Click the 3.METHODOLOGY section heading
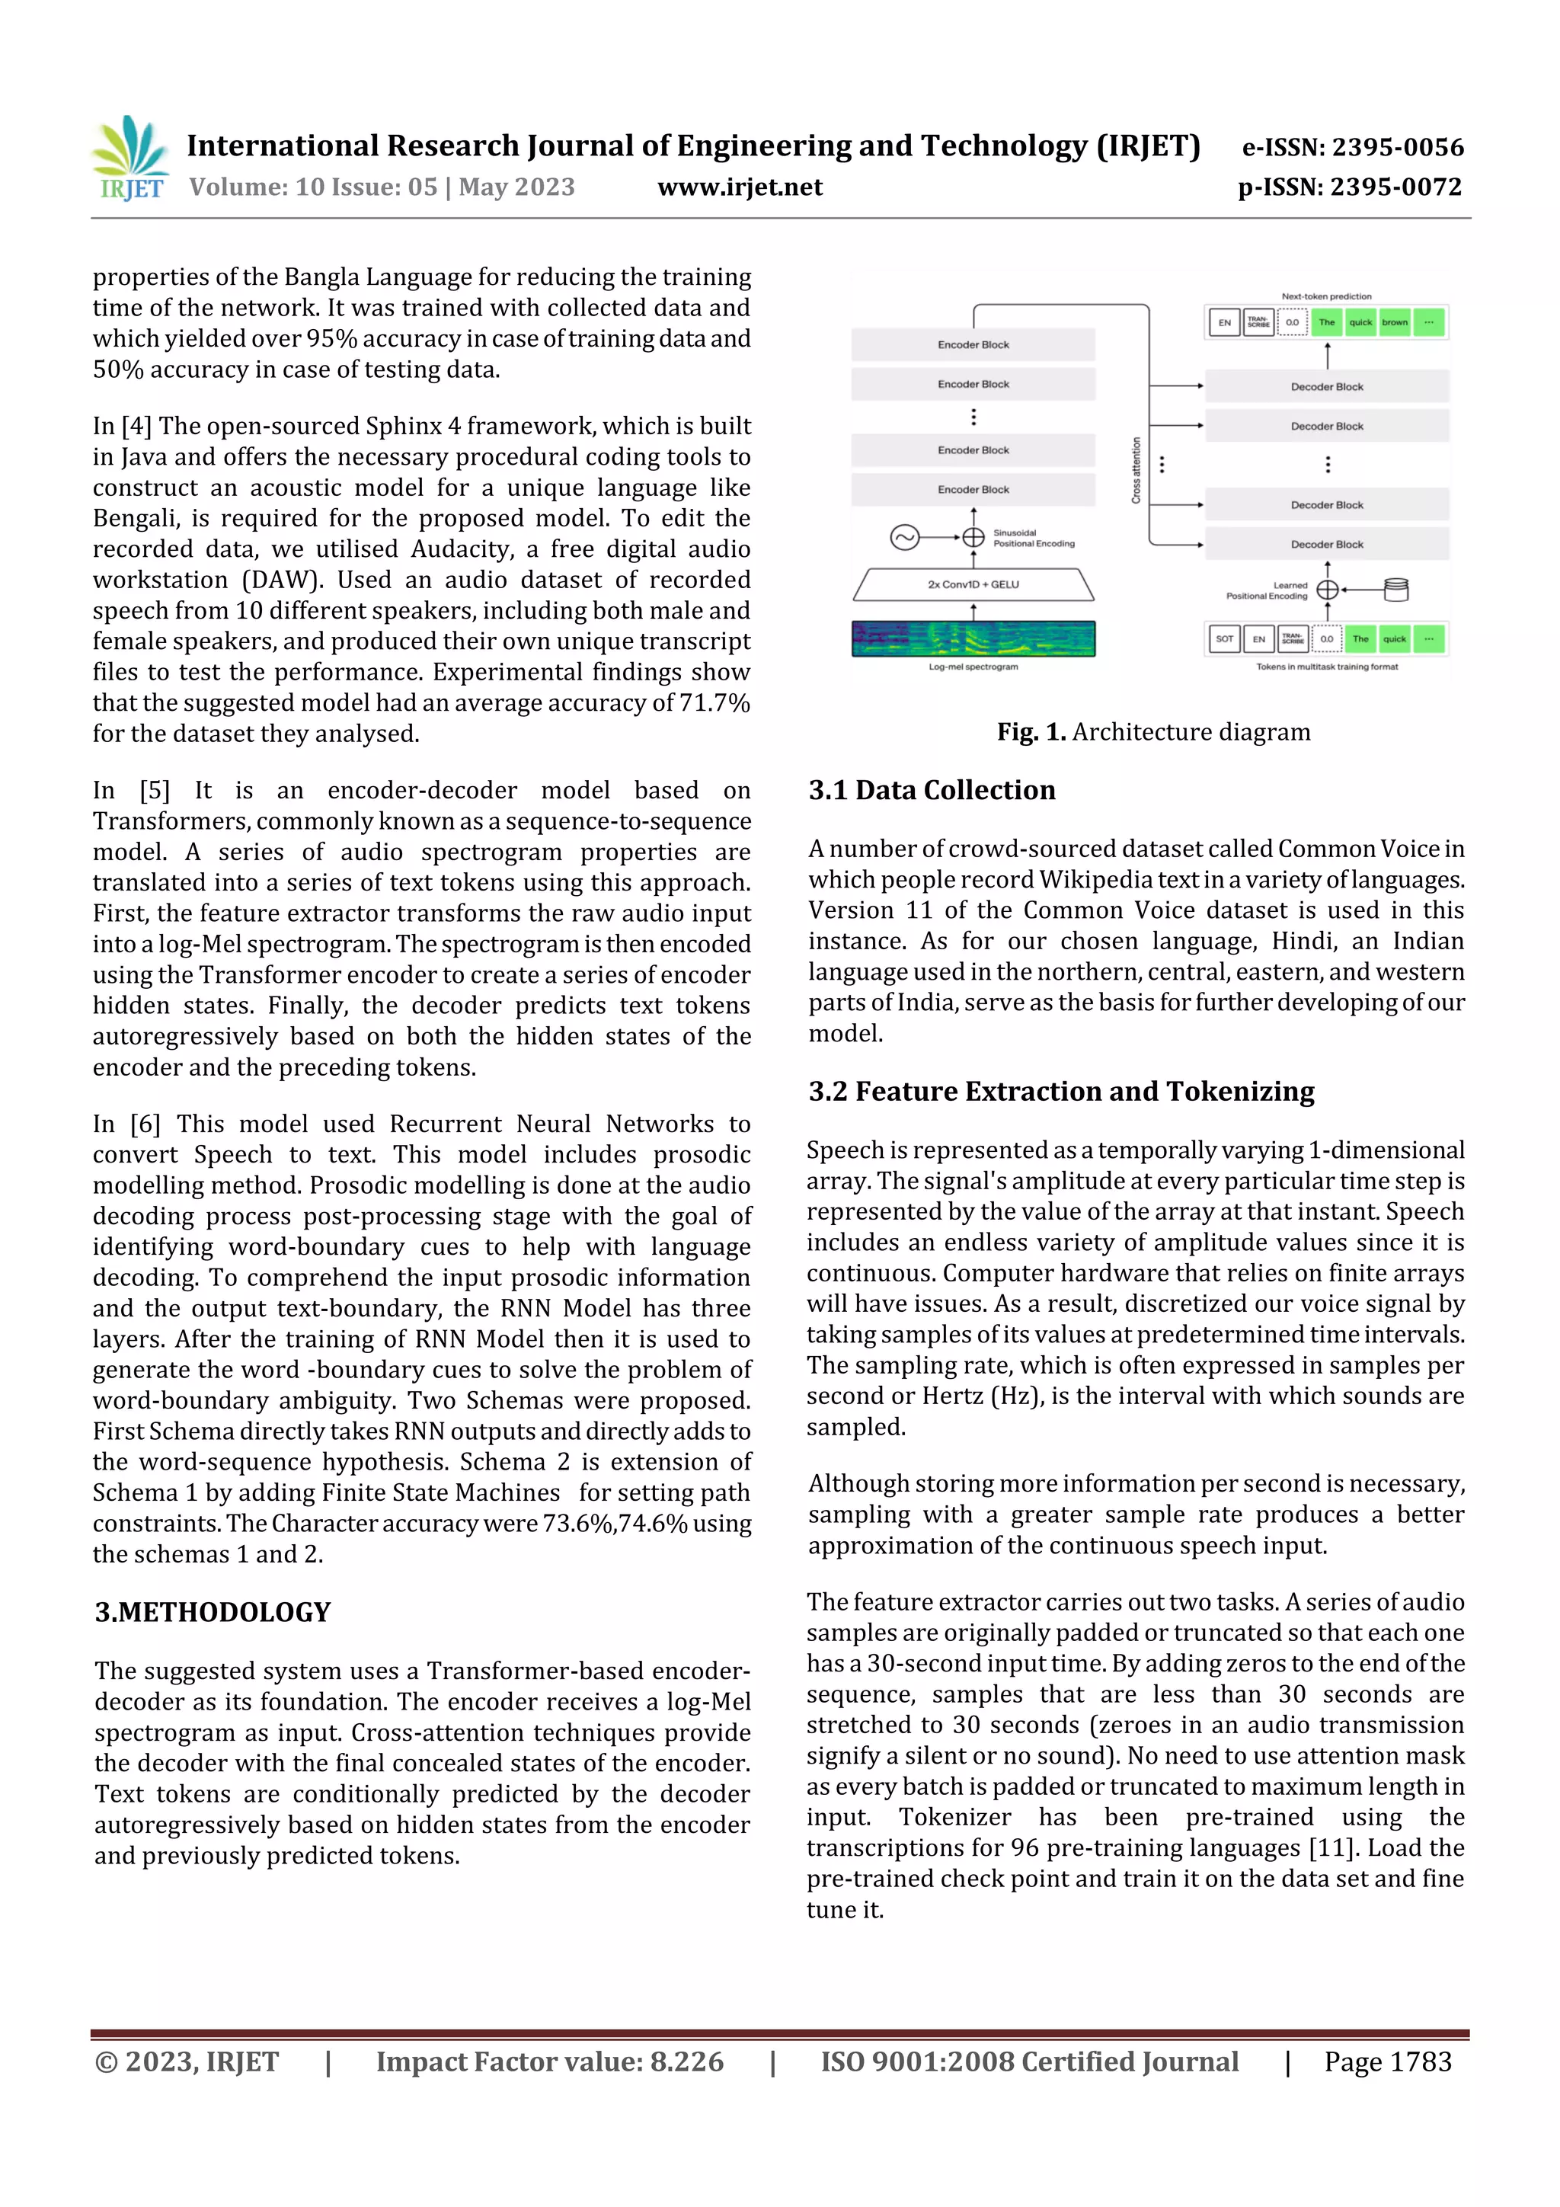pos(213,1612)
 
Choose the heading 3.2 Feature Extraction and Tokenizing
pos(1060,1091)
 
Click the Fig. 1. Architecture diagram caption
pos(1152,731)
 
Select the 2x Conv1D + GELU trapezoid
pos(973,584)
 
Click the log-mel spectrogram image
pos(973,639)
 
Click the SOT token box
pos(1223,638)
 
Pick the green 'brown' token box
pos(1394,323)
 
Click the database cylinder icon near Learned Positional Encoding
pos(1395,589)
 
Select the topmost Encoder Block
pos(973,344)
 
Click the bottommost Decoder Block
pos(1326,544)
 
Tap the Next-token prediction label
pos(1326,296)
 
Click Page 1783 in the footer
pos(1387,2061)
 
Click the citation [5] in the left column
pos(155,790)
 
